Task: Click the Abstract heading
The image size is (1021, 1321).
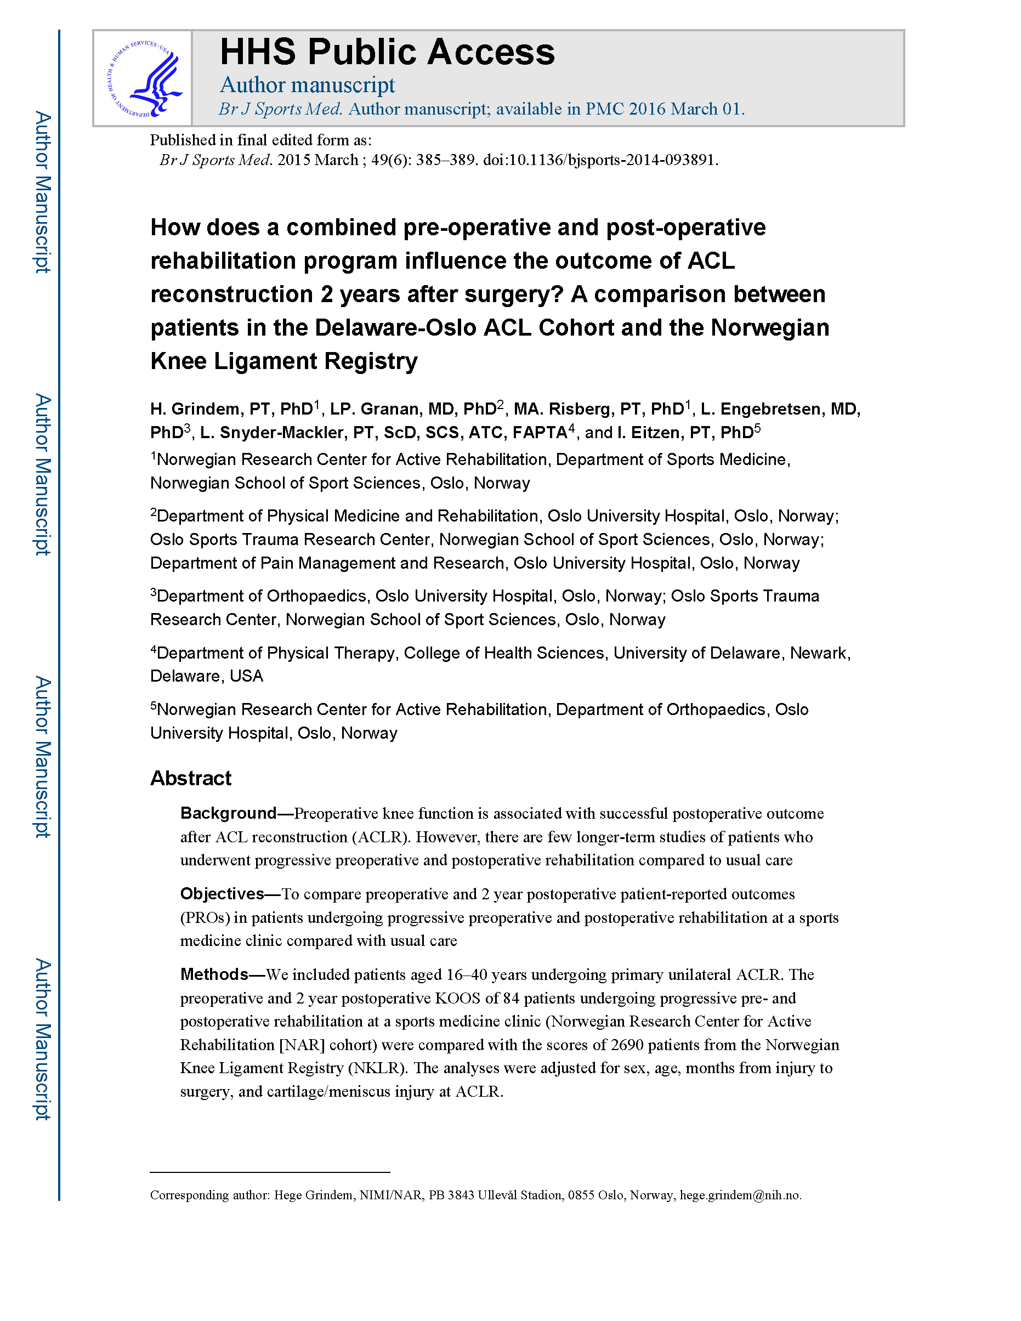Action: pyautogui.click(x=190, y=778)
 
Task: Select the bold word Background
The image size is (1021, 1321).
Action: pyautogui.click(x=229, y=813)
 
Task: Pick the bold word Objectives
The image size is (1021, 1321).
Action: pyautogui.click(x=222, y=893)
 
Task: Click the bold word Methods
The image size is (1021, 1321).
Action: pyautogui.click(x=214, y=974)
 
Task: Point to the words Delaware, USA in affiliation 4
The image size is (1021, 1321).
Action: pyautogui.click(x=206, y=676)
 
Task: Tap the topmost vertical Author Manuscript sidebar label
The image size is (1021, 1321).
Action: pyautogui.click(x=42, y=192)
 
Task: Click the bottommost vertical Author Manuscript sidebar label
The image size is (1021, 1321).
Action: pyautogui.click(x=42, y=1039)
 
